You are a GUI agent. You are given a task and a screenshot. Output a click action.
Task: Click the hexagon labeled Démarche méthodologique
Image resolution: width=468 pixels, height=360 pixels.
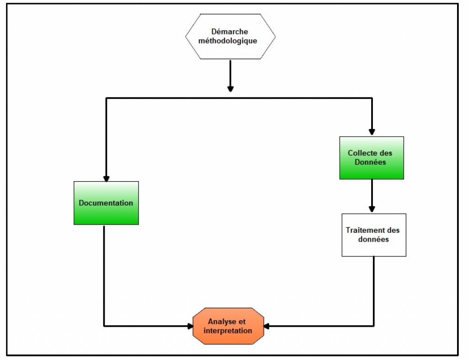230,37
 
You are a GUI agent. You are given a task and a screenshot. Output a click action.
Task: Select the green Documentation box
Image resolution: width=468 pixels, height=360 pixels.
106,203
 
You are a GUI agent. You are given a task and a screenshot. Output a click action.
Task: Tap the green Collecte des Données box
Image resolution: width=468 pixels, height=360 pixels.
372,157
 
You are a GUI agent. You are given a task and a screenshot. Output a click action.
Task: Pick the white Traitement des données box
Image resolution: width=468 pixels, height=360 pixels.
374,235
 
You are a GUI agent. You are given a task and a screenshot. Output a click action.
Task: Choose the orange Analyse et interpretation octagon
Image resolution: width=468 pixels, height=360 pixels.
229,326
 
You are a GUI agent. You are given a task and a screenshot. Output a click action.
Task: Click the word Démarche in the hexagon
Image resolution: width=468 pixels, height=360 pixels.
230,32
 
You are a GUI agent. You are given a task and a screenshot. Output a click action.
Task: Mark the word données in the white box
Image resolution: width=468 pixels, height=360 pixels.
374,239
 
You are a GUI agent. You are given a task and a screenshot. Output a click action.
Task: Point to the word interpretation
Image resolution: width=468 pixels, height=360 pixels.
228,331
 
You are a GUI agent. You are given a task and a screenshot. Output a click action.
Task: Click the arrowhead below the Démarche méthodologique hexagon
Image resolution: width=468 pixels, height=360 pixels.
230,88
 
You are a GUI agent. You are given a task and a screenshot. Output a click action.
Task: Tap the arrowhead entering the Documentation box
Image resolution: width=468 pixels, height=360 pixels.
106,178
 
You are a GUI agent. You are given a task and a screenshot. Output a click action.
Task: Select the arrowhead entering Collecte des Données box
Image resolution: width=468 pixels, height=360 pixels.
372,132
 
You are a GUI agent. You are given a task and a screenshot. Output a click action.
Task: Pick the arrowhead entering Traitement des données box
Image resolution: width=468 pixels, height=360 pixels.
372,209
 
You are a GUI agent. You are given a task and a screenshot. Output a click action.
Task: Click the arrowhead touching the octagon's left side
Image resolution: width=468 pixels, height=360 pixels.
190,326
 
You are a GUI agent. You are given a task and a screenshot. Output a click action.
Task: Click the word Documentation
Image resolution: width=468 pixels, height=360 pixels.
106,203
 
